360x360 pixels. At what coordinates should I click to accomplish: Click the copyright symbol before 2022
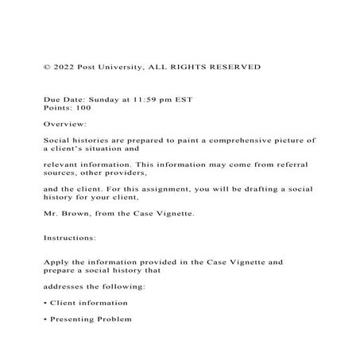tap(47, 68)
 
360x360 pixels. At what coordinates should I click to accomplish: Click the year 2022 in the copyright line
tap(64, 68)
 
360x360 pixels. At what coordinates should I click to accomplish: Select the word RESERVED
tap(234, 68)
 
